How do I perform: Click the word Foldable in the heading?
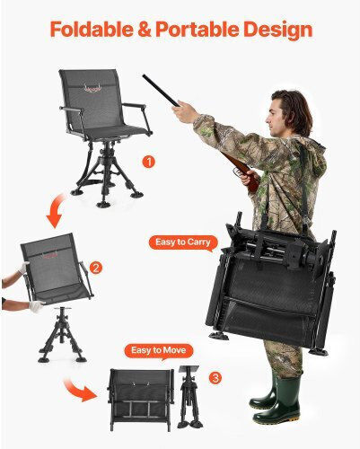tap(92, 30)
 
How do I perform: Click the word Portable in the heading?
tap(198, 30)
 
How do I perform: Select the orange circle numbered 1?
tap(148, 162)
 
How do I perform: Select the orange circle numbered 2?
tap(96, 268)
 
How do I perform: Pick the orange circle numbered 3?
tap(215, 378)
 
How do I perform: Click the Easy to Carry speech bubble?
tap(183, 242)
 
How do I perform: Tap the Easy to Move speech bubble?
tap(159, 350)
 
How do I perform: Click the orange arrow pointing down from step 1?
tap(56, 211)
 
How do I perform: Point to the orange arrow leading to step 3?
tap(79, 389)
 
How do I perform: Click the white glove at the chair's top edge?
tap(23, 268)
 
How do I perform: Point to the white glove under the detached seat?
tap(37, 306)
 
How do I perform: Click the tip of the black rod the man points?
tap(144, 75)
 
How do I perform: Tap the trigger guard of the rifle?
tap(237, 172)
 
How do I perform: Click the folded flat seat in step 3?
tap(141, 399)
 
